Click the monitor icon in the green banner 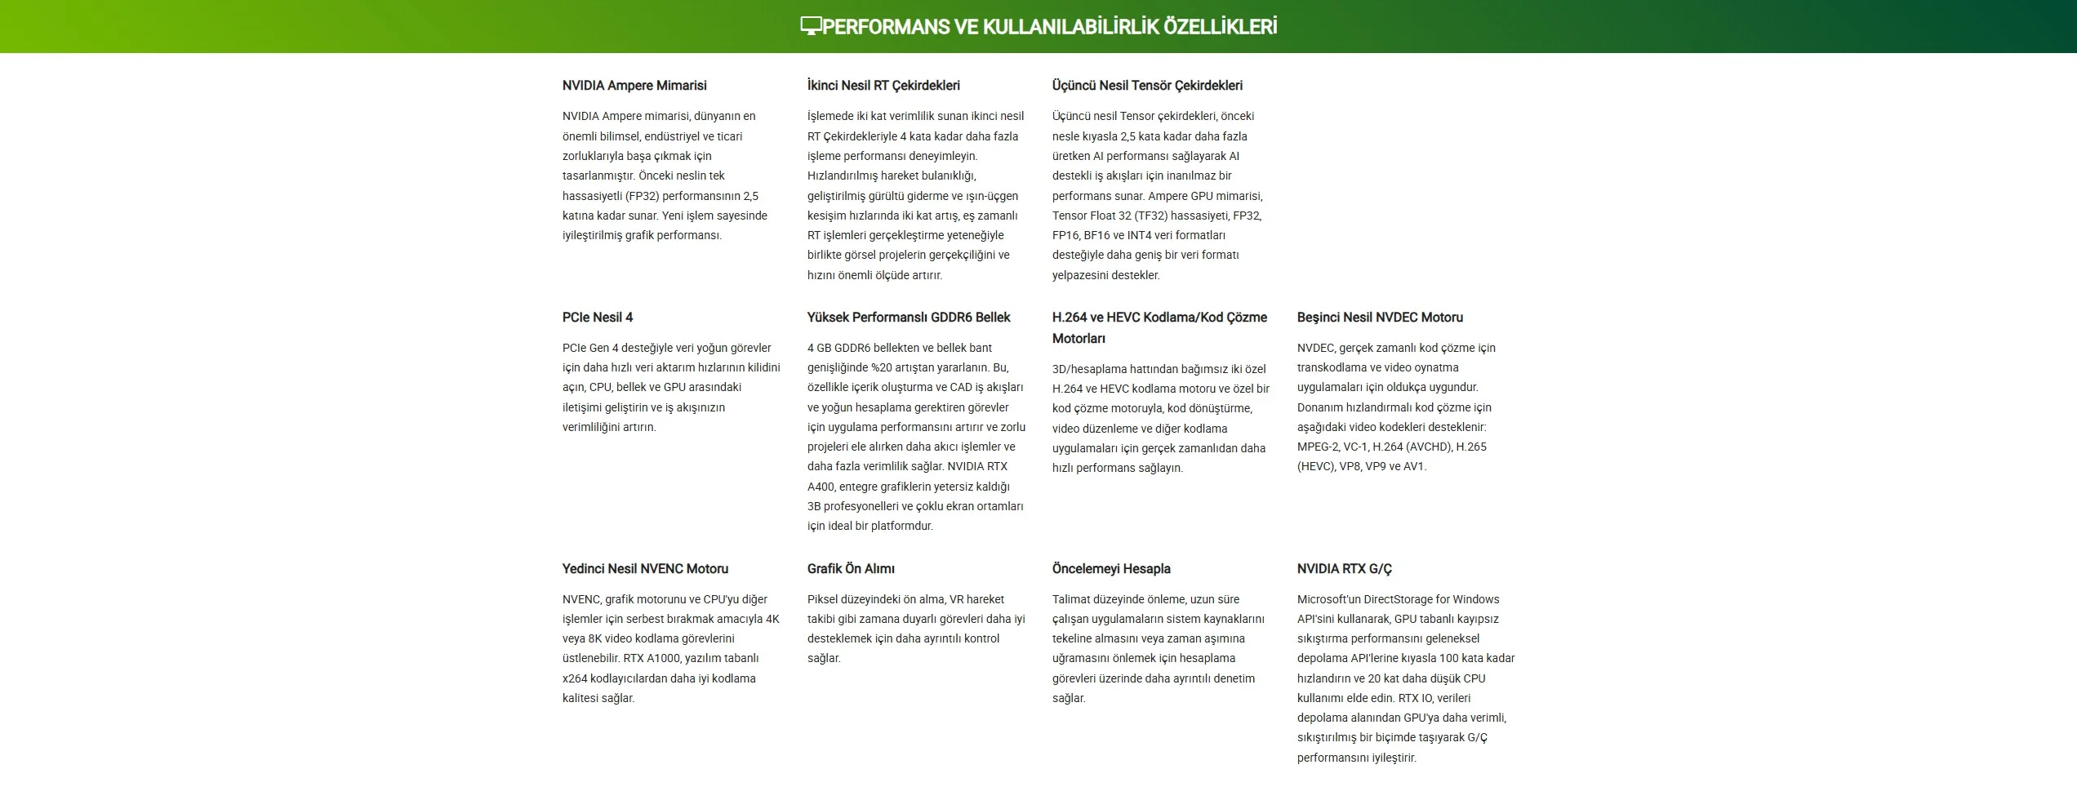point(810,26)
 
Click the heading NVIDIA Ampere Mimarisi point(634,86)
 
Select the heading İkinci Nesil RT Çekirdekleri point(883,86)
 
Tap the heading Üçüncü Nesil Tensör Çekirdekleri point(1147,86)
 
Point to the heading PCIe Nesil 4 point(598,318)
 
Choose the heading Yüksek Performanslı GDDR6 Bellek point(909,318)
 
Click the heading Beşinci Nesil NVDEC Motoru point(1380,318)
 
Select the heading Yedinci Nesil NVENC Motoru point(645,569)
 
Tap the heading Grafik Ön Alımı point(851,569)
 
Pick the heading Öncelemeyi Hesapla point(1111,569)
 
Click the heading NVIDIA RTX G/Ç point(1345,569)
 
